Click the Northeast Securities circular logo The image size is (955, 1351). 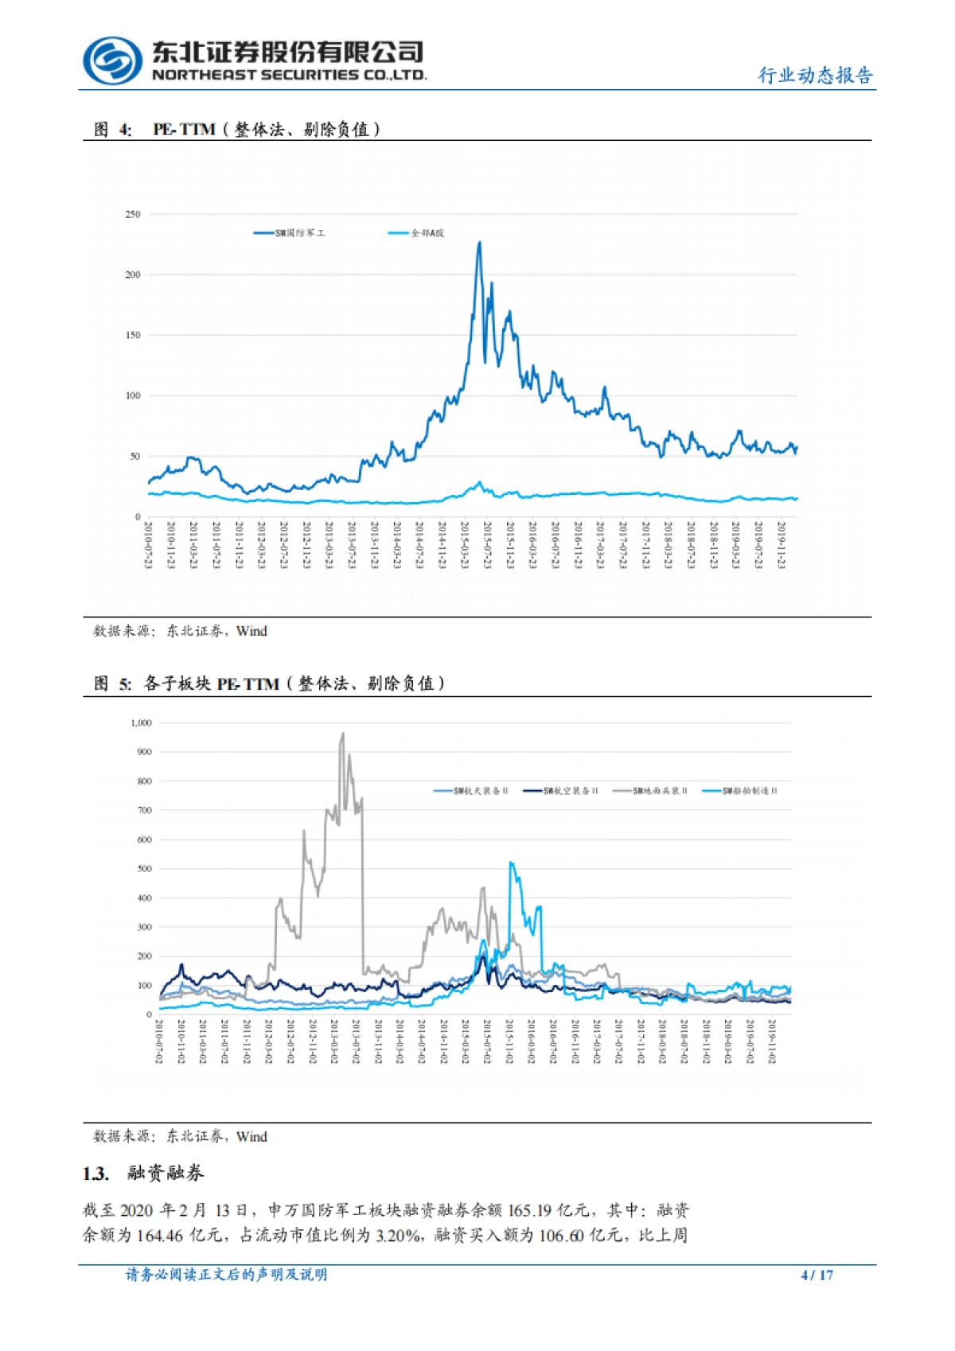click(x=112, y=60)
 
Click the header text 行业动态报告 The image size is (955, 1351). click(x=815, y=76)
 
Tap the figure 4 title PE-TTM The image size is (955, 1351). click(x=184, y=130)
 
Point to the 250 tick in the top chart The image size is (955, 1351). click(x=132, y=215)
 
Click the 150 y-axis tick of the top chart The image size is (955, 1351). click(x=132, y=335)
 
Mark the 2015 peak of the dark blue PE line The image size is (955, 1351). click(x=479, y=243)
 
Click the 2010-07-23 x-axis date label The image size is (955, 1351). click(x=149, y=545)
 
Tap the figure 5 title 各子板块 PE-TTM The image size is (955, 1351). click(x=211, y=683)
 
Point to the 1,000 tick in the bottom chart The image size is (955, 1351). click(x=141, y=723)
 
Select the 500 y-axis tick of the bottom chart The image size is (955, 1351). click(x=144, y=869)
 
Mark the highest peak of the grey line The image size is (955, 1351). click(x=343, y=734)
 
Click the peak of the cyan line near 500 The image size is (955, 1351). click(x=511, y=862)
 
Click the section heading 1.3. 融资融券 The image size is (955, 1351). click(x=143, y=1173)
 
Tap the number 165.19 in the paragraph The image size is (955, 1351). click(x=529, y=1210)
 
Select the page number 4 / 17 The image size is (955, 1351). click(x=817, y=1275)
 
